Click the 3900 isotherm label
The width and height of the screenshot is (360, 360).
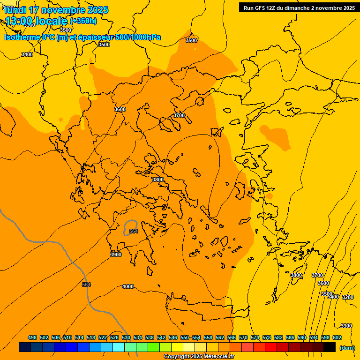pos(116,255)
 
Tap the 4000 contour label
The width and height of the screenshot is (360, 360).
pos(128,286)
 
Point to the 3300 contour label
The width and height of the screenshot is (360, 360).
pos(346,326)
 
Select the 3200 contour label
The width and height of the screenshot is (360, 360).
pos(347,297)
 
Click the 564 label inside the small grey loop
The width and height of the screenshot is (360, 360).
pos(134,231)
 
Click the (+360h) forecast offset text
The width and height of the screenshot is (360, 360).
pos(83,21)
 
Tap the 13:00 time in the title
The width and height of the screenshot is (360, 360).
pos(19,21)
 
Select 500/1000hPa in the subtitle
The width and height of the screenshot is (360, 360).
pos(138,37)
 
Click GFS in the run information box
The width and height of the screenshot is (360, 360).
pos(262,7)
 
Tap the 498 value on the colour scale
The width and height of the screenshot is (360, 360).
pos(32,337)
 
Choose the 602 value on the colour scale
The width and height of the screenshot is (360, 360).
pos(337,337)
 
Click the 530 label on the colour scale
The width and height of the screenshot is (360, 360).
pos(126,337)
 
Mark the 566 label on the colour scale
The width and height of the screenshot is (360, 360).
pos(232,337)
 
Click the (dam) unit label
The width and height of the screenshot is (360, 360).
pos(347,348)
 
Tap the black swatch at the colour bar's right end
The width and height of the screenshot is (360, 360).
pos(330,347)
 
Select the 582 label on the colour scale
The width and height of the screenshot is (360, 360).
pos(278,337)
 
